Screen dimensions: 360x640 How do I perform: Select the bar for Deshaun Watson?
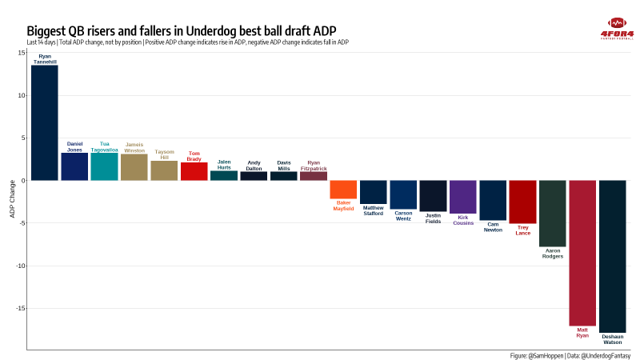(x=612, y=256)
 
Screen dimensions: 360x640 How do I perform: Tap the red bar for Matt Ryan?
(x=582, y=253)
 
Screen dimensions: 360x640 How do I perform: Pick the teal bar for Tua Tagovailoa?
(x=104, y=166)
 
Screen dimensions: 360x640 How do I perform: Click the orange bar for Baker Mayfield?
(x=343, y=190)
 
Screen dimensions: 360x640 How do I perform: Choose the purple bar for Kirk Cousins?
(x=463, y=197)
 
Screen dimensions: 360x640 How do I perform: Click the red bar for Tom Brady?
(x=194, y=171)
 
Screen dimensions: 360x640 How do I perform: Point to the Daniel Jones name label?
(x=74, y=146)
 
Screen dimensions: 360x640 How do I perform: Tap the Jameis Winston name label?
(x=134, y=147)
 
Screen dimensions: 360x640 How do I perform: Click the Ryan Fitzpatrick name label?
(x=314, y=166)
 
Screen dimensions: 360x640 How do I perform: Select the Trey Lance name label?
(x=523, y=230)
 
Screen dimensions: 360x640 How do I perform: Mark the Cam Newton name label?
(x=493, y=227)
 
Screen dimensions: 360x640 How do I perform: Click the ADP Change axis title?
(x=12, y=201)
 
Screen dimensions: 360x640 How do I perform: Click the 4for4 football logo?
(x=616, y=26)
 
